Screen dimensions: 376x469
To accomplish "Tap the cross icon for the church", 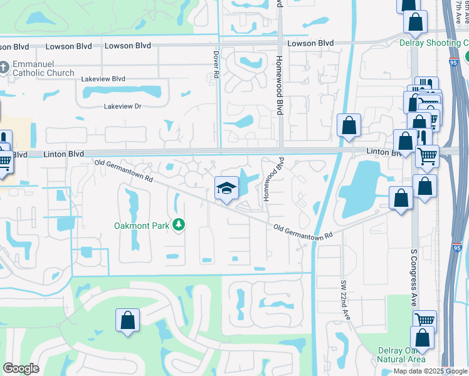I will click(x=4, y=66).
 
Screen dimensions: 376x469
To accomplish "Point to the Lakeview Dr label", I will click(x=122, y=107).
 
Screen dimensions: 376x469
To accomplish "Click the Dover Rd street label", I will click(x=216, y=65).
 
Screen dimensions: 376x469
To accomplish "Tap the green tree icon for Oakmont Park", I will click(x=179, y=224).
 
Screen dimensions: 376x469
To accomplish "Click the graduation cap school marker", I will click(x=226, y=187).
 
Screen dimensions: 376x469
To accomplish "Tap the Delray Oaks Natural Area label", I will click(x=401, y=355).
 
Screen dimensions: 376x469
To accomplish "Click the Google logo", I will click(x=21, y=368).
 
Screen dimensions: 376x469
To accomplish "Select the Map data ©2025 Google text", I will click(x=431, y=371).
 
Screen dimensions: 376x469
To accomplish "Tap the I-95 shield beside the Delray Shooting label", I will click(x=453, y=61).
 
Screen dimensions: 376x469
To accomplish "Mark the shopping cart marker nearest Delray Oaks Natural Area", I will click(x=424, y=320).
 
